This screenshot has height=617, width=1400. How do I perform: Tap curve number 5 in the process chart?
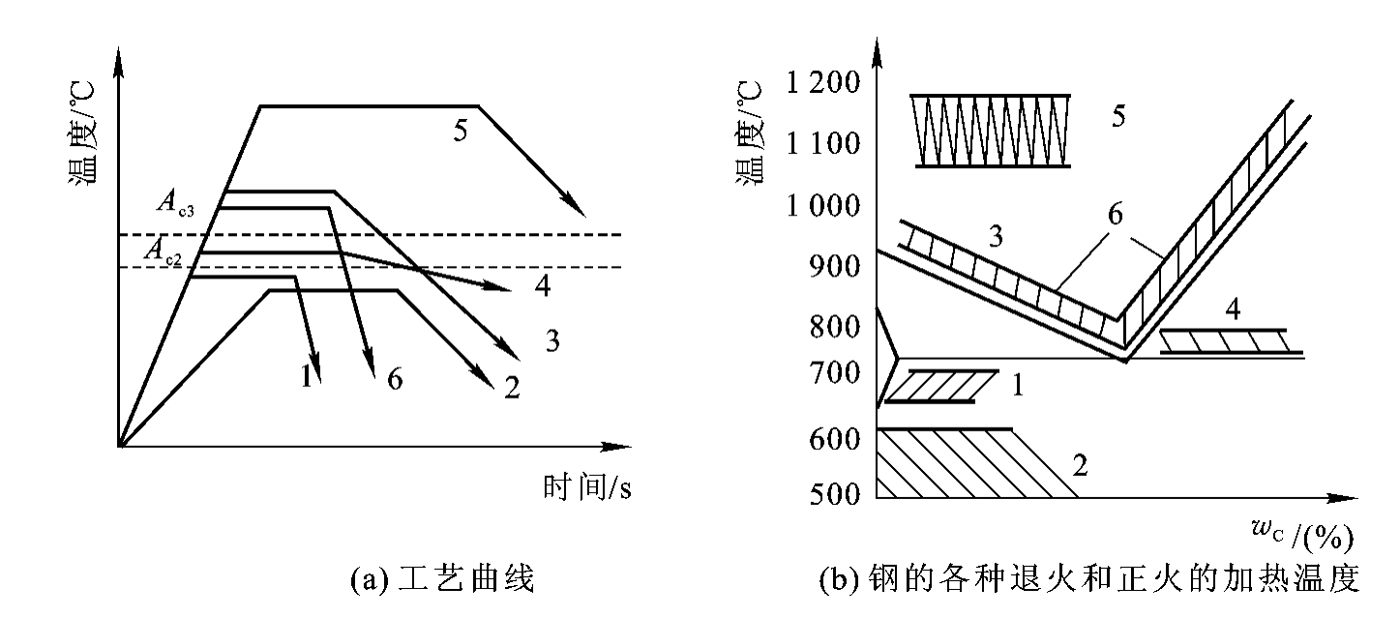pyautogui.click(x=461, y=130)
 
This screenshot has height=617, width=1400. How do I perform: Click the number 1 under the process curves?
pyautogui.click(x=306, y=375)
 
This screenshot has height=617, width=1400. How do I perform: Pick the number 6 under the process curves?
pyautogui.click(x=394, y=378)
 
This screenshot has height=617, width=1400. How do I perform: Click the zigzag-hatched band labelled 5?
pyautogui.click(x=994, y=131)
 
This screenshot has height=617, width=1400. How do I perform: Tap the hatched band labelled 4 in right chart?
pyautogui.click(x=1223, y=340)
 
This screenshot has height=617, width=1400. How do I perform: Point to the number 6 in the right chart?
pyautogui.click(x=1115, y=215)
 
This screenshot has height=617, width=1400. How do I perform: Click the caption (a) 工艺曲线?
pyautogui.click(x=440, y=580)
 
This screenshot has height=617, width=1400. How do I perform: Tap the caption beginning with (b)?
pyautogui.click(x=1088, y=580)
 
